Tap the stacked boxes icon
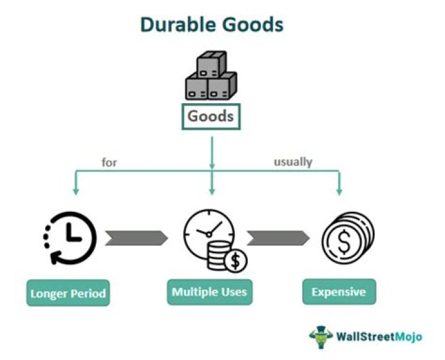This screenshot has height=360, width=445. pos(211,77)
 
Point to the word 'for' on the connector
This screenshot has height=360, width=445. pos(109,163)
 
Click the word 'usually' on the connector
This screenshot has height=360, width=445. pos(293,162)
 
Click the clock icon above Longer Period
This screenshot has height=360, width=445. pos(70,238)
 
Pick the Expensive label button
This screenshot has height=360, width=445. pos(339,291)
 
